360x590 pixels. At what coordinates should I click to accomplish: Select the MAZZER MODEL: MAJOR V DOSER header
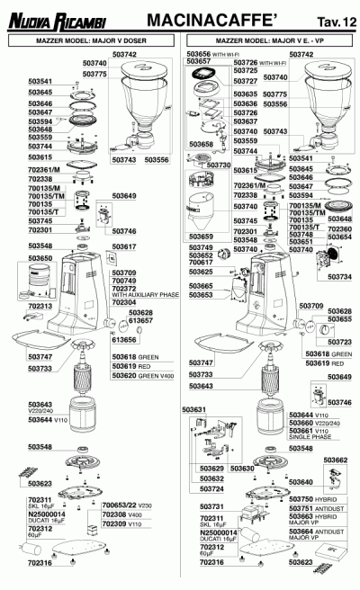click(x=90, y=41)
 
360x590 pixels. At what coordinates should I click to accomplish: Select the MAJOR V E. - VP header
click(x=271, y=41)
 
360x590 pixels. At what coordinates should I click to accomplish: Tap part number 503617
click(x=125, y=246)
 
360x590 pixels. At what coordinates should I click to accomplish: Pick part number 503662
click(x=335, y=460)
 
